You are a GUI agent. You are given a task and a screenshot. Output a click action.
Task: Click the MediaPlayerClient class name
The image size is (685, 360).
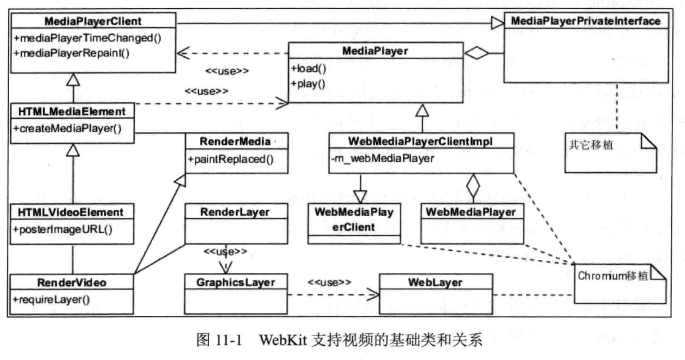[x=93, y=21]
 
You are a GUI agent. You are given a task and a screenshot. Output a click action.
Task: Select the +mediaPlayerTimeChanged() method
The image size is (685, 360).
[x=87, y=38]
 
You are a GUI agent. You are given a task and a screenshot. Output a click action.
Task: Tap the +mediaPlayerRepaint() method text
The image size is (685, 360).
[x=71, y=53]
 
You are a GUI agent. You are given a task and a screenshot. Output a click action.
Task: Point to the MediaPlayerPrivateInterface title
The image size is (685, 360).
[x=585, y=21]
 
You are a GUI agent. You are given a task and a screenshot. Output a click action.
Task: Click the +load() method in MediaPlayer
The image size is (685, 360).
[x=309, y=69]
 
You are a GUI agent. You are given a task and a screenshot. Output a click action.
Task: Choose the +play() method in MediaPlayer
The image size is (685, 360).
[x=308, y=84]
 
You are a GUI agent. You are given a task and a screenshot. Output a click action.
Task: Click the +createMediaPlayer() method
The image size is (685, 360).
[x=67, y=128]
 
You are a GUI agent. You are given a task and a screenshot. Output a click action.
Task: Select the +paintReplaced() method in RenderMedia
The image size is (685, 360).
[x=231, y=159]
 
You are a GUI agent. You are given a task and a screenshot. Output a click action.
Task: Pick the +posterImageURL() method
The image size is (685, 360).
[x=62, y=229]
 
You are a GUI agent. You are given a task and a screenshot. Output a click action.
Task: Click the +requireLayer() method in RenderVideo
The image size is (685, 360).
[x=51, y=299]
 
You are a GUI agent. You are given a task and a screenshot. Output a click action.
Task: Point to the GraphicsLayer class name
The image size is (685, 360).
[x=236, y=282]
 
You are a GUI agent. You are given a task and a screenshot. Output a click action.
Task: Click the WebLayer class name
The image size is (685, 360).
[x=435, y=282]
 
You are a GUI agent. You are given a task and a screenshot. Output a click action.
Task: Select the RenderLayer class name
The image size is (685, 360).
[x=235, y=212]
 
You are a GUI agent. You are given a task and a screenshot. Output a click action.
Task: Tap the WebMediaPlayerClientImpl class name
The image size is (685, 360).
[x=420, y=141]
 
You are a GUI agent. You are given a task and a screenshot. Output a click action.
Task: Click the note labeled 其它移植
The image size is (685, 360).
[x=591, y=145]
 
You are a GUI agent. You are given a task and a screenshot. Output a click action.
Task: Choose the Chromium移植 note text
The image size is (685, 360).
[x=612, y=276]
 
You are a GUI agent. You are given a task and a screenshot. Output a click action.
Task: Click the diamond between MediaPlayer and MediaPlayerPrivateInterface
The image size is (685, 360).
[x=477, y=53]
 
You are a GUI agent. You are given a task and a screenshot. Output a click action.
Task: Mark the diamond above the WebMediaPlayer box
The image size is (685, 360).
[x=473, y=185]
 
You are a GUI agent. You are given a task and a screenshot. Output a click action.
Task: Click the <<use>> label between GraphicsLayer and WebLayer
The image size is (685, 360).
[x=329, y=282]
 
